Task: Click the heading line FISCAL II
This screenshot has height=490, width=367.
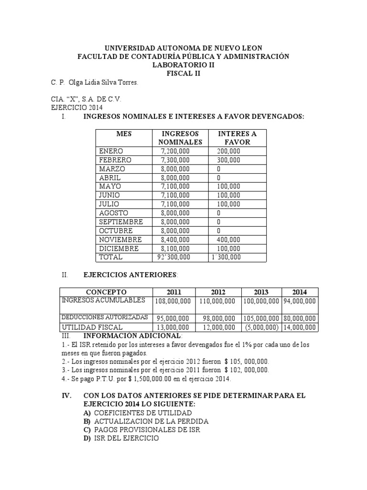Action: (183, 74)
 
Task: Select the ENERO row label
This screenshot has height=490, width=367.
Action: (111, 151)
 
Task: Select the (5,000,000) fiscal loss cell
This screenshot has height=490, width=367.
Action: (261, 327)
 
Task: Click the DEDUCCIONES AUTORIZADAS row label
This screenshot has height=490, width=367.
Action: (105, 317)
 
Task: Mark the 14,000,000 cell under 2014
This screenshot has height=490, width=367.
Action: (300, 327)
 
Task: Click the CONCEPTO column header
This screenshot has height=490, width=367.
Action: (106, 292)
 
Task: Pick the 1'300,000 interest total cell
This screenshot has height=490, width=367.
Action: (226, 257)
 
